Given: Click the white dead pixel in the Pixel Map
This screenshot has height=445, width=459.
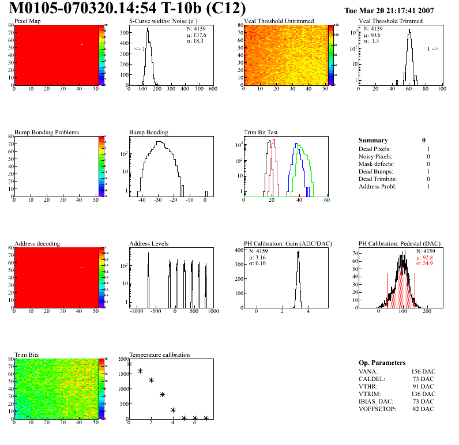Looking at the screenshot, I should click(x=82, y=45).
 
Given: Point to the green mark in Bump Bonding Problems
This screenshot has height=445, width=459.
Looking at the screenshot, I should click(x=82, y=156).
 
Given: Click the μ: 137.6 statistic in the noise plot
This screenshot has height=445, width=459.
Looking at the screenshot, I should click(x=197, y=35).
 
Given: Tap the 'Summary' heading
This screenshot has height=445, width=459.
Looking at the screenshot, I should click(x=373, y=140).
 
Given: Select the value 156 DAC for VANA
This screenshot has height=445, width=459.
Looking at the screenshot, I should click(x=423, y=371).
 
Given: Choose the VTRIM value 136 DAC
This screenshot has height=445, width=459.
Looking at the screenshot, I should click(x=423, y=394).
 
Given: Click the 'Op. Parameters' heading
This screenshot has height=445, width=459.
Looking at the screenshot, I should click(x=382, y=363).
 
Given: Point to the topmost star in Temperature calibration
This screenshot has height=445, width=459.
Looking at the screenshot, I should click(x=130, y=364).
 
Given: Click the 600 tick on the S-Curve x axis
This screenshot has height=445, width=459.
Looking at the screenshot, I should click(x=212, y=89).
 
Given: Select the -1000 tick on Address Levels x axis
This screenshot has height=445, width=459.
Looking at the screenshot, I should click(x=137, y=311).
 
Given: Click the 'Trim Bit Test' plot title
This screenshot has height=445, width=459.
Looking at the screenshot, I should click(x=261, y=133).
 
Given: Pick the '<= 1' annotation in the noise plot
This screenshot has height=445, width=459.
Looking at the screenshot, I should click(x=139, y=50).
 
